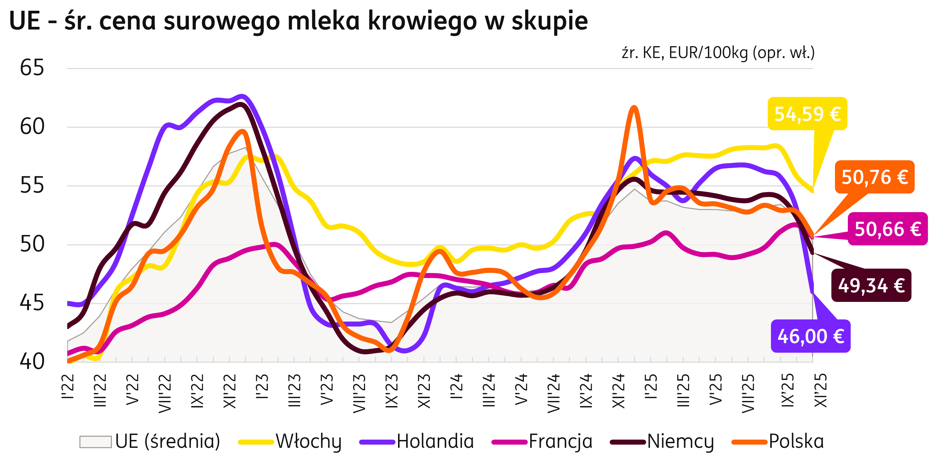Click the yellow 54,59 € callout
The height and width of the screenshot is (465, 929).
click(807, 114)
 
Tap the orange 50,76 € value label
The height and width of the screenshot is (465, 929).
click(875, 177)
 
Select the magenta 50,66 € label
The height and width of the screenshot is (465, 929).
click(888, 229)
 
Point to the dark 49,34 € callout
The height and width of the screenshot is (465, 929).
click(871, 285)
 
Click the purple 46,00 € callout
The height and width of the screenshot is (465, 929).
click(810, 336)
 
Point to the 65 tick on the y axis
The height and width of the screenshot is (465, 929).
click(32, 68)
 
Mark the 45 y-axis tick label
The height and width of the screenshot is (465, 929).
click(32, 303)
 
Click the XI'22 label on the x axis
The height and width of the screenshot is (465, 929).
click(230, 391)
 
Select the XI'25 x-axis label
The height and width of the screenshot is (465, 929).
click(820, 391)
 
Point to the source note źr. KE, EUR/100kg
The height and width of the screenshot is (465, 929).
click(718, 53)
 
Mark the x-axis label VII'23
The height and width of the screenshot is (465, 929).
click(359, 393)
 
